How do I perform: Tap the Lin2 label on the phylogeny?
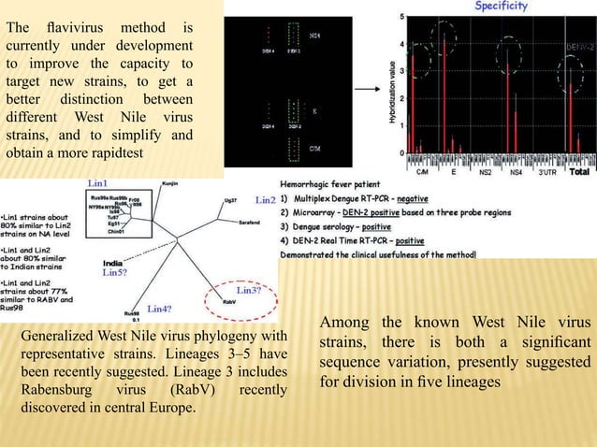click(x=265, y=200)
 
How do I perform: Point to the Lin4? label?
click(x=160, y=308)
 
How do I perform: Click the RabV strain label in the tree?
click(x=228, y=303)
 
